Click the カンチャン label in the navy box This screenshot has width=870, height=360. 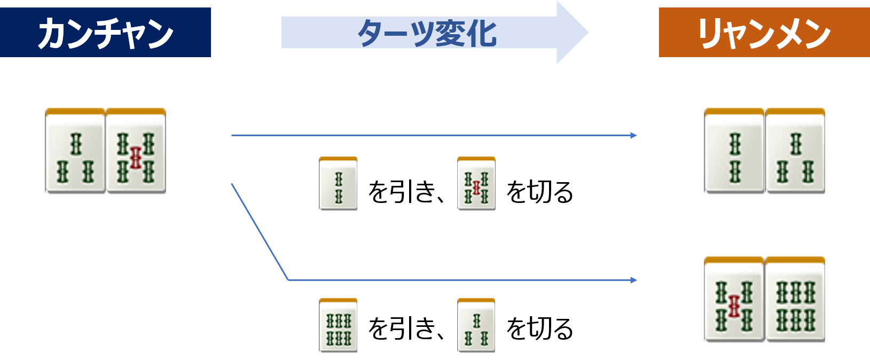[105, 33]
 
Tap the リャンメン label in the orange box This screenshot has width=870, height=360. [764, 33]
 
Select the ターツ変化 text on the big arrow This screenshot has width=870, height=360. [427, 33]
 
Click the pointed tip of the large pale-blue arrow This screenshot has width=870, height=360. [587, 33]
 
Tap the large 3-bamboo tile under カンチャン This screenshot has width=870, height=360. [75, 150]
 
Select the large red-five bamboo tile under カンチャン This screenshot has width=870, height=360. [136, 150]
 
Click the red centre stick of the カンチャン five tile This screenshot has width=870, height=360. [136, 159]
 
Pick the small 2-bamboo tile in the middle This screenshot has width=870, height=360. [338, 183]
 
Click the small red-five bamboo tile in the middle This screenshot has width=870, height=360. [476, 183]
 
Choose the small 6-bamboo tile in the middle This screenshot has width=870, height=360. [338, 324]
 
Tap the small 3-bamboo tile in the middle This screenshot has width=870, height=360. [476, 324]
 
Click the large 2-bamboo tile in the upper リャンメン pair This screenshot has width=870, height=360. [734, 150]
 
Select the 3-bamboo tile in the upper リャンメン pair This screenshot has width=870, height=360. [795, 150]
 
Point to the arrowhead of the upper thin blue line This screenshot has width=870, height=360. [634, 136]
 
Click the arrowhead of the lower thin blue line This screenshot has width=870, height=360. [634, 280]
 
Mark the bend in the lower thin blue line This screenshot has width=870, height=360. [288, 279]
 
